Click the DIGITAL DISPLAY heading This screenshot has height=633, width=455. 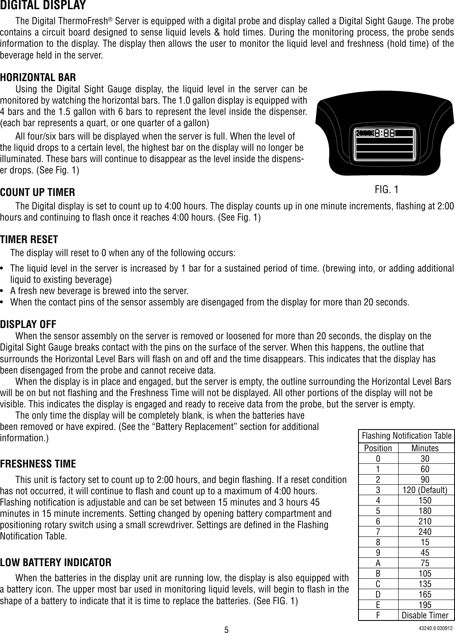[43, 6]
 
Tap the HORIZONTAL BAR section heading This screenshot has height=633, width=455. [38, 77]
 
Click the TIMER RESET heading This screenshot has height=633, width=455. [29, 239]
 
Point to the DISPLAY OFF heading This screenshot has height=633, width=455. [28, 324]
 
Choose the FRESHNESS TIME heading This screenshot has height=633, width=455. [38, 464]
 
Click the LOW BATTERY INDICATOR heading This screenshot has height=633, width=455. [56, 562]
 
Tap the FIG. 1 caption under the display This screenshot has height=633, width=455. [386, 190]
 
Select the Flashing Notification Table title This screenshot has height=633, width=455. [407, 436]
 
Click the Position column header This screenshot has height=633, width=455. [378, 448]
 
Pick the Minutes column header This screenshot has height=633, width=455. [425, 448]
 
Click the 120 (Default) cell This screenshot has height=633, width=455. [425, 490]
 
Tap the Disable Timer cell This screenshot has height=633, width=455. [425, 615]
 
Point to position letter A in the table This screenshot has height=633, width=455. [378, 563]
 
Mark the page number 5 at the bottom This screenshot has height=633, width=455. [226, 629]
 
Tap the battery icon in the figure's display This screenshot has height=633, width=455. [365, 133]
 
